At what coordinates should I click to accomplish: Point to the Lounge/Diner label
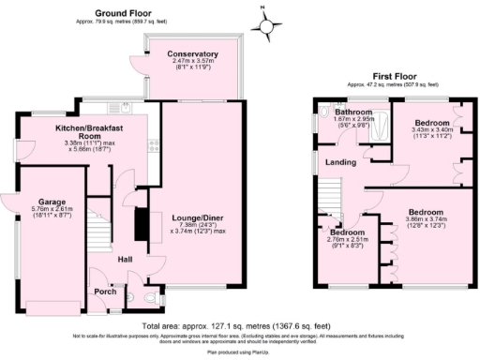tap(198, 215)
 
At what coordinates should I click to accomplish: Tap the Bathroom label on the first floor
tap(353, 112)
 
